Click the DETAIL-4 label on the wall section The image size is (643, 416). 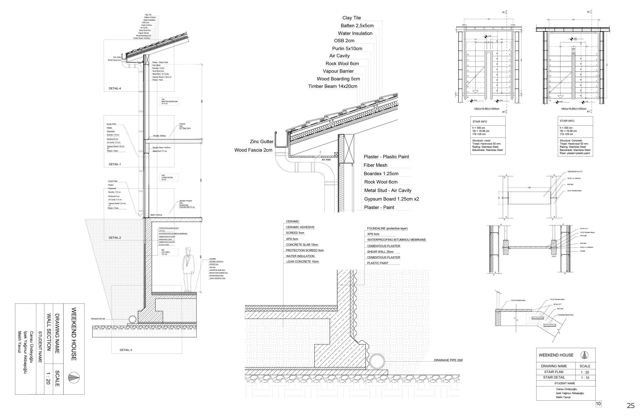[x=115, y=88]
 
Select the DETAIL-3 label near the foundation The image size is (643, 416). [x=126, y=350]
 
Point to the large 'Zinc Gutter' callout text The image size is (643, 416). [x=261, y=141]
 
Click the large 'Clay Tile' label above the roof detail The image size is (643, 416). [x=352, y=18]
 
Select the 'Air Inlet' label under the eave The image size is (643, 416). [x=326, y=160]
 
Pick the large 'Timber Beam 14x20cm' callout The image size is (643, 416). [x=333, y=86]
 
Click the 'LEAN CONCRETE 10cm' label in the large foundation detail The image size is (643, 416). [x=303, y=262]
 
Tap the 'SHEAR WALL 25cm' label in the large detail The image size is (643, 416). [x=380, y=252]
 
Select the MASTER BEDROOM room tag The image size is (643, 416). [x=169, y=102]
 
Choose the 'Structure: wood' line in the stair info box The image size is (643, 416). [x=481, y=141]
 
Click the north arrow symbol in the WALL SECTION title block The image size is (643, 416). [x=74, y=378]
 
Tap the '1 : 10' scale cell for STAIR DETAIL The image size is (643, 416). [x=585, y=378]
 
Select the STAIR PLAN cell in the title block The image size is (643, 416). [x=554, y=372]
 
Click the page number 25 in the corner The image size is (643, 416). [x=631, y=406]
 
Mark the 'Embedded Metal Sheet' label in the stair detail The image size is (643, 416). [x=565, y=315]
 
